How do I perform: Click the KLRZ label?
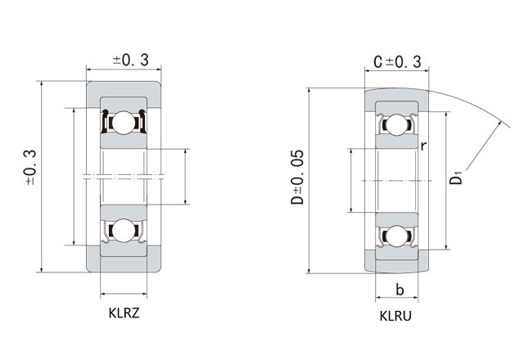[124, 313]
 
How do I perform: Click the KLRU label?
[395, 316]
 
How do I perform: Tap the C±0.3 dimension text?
[397, 62]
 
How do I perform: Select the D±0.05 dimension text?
[297, 177]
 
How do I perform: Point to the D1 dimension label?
[455, 178]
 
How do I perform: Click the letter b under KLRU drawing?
[400, 290]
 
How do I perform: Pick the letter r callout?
[423, 146]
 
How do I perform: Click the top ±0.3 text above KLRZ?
[131, 60]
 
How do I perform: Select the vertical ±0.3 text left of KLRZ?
[30, 167]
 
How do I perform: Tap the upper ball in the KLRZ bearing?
[123, 123]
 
